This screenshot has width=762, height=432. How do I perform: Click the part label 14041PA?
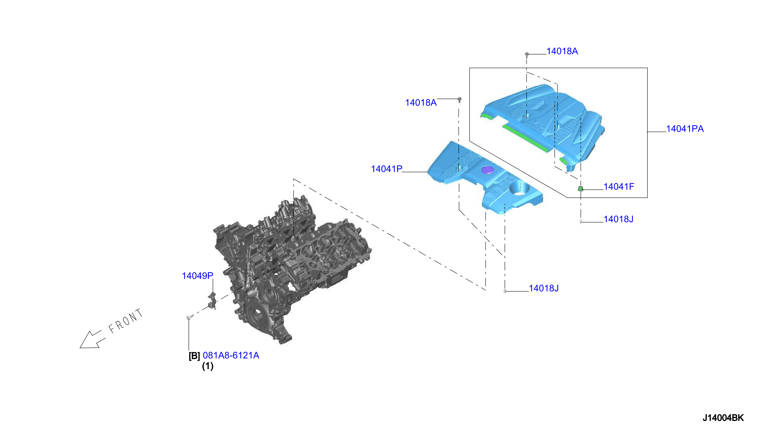pyautogui.click(x=685, y=129)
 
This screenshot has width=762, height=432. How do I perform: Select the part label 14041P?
pyautogui.click(x=387, y=169)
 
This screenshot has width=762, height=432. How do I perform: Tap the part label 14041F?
pyautogui.click(x=619, y=187)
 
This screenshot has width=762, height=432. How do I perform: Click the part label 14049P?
pyautogui.click(x=198, y=276)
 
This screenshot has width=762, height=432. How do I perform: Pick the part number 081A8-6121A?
pyautogui.click(x=231, y=355)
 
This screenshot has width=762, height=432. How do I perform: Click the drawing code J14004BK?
pyautogui.click(x=723, y=418)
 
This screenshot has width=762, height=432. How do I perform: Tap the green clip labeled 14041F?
pyautogui.click(x=580, y=189)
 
